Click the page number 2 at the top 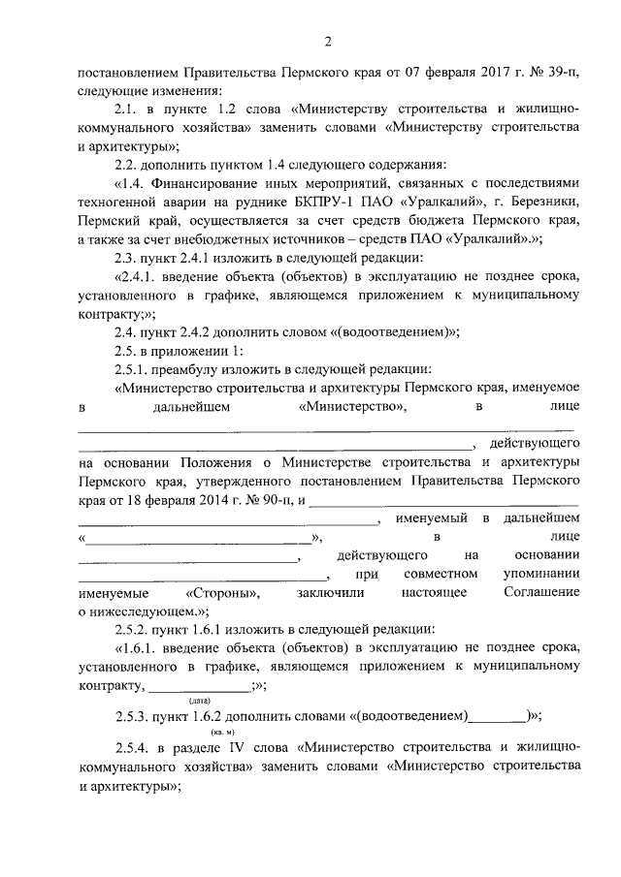(x=328, y=41)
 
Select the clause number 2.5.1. (x=134, y=368)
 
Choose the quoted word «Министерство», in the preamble (x=354, y=407)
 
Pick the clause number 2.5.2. (x=134, y=629)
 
